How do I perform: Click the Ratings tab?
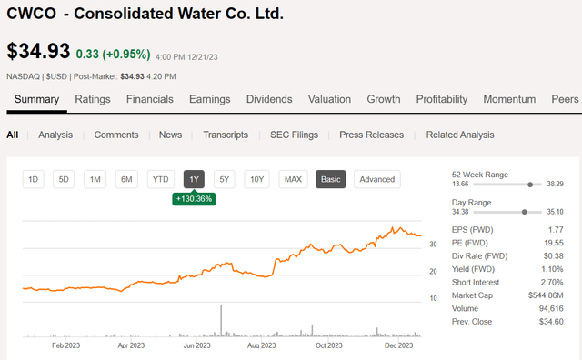(93, 99)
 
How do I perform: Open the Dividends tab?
(269, 99)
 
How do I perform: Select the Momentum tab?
(509, 99)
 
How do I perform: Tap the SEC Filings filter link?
(294, 135)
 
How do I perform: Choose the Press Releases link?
(372, 135)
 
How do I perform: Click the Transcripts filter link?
(226, 135)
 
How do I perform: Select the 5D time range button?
(64, 179)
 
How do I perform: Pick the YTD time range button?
(160, 179)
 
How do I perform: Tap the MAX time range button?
(293, 179)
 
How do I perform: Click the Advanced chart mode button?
(377, 179)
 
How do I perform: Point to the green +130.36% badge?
(194, 199)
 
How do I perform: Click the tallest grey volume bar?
(221, 321)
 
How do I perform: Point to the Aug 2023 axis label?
(261, 345)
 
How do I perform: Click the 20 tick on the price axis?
(433, 271)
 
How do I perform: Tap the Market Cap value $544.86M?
(546, 295)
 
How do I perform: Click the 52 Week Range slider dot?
(530, 185)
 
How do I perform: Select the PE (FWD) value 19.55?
(554, 243)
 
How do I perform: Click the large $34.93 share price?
(38, 51)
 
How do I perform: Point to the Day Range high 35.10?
(555, 212)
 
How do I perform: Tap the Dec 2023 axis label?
(398, 345)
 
